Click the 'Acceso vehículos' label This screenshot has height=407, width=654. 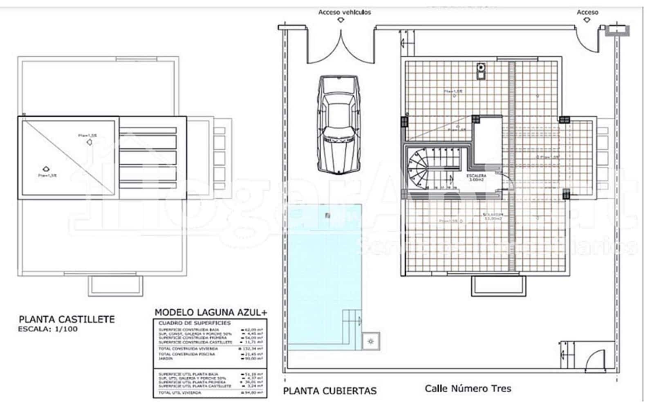[x=345, y=12]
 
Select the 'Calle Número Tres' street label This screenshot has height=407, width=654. [x=468, y=388]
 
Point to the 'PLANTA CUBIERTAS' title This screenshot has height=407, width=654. [x=329, y=391]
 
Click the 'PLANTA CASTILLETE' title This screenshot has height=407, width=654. [x=67, y=319]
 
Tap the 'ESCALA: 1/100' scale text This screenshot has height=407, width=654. [x=48, y=329]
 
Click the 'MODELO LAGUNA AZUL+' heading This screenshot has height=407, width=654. [x=211, y=313]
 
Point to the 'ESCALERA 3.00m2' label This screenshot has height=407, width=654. [x=476, y=177]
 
